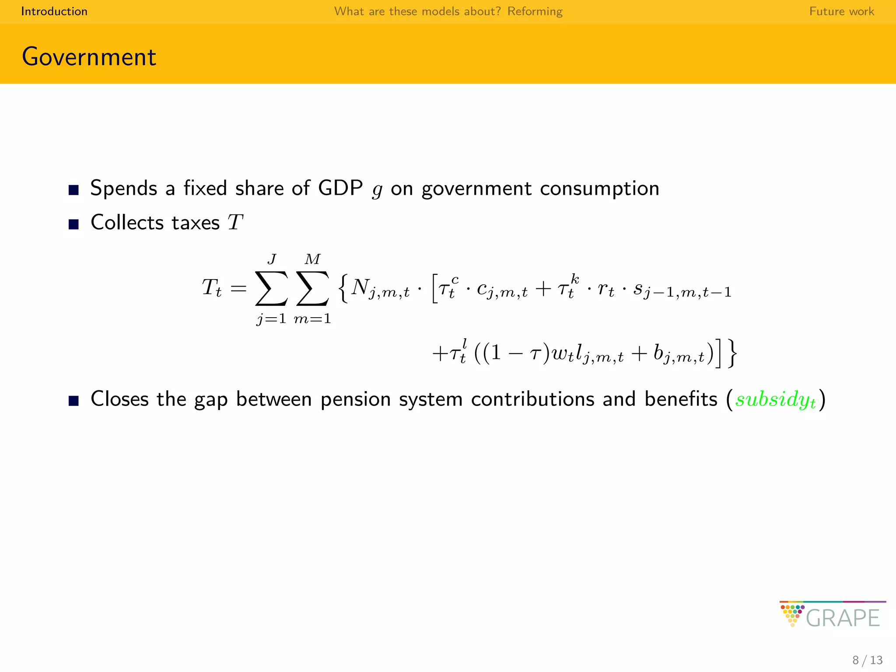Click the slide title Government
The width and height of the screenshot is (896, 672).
click(89, 57)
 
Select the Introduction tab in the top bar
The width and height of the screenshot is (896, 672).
click(54, 11)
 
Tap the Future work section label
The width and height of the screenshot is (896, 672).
click(841, 11)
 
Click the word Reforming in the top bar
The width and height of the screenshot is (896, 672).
click(535, 11)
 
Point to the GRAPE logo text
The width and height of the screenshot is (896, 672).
click(842, 618)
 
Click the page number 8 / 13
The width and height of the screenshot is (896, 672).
click(867, 660)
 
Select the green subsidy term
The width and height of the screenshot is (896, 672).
click(776, 399)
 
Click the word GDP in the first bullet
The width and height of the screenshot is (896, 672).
click(340, 189)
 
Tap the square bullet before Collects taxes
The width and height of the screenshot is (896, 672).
click(73, 224)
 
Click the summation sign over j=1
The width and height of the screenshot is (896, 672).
click(271, 289)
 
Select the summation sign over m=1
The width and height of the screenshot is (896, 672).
click(312, 289)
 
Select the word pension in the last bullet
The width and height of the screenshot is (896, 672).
click(355, 399)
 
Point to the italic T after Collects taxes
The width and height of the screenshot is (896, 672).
click(235, 223)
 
